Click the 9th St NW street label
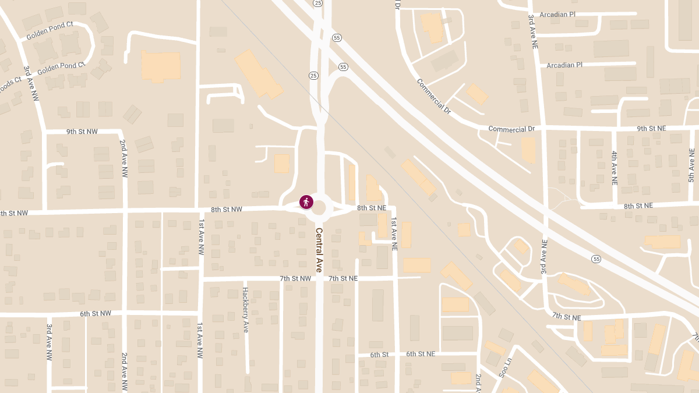(x=82, y=132)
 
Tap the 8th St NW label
(x=227, y=209)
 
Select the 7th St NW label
(x=295, y=279)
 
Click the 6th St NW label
(x=96, y=314)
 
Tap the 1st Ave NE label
(x=394, y=234)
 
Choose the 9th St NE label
(x=651, y=128)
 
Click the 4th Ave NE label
(x=614, y=168)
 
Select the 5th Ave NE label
(x=691, y=167)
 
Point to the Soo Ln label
(x=504, y=368)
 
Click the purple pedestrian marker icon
(x=306, y=202)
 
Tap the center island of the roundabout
(x=320, y=206)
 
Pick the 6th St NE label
(x=421, y=354)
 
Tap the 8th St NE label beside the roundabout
(x=372, y=208)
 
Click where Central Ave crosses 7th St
(x=319, y=279)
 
